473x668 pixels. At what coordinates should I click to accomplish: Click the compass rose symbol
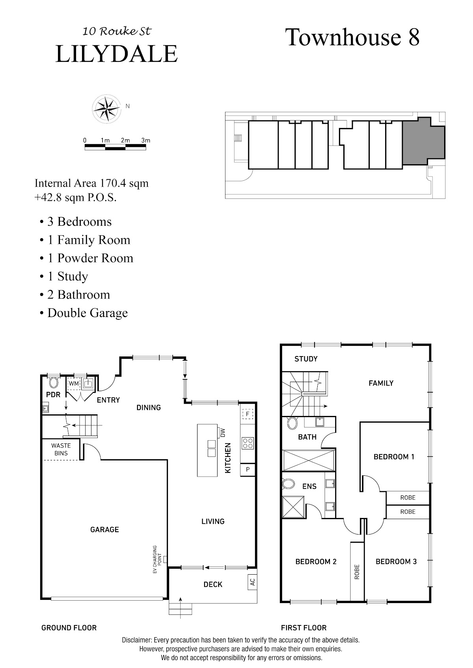click(106, 109)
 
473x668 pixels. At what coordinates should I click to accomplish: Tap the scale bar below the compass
click(115, 147)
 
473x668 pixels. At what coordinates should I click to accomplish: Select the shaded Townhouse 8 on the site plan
click(423, 141)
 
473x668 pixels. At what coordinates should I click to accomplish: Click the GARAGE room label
click(104, 529)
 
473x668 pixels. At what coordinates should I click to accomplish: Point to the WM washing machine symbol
click(74, 384)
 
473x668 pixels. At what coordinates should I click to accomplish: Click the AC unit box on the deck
click(253, 582)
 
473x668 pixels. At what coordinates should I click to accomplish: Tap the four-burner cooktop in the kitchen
click(248, 443)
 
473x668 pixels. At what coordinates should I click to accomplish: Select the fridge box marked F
click(248, 414)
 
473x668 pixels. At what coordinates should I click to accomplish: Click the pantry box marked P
click(248, 469)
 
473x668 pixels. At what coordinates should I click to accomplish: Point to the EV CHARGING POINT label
click(157, 559)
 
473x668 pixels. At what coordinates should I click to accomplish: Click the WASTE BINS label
click(61, 449)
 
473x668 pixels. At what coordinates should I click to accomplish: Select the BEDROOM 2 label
click(316, 562)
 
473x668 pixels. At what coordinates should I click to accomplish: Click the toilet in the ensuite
click(288, 483)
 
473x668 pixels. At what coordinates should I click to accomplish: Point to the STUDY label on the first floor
click(306, 359)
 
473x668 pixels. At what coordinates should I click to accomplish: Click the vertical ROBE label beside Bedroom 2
click(357, 572)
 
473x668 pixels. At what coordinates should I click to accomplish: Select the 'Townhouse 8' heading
click(352, 37)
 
